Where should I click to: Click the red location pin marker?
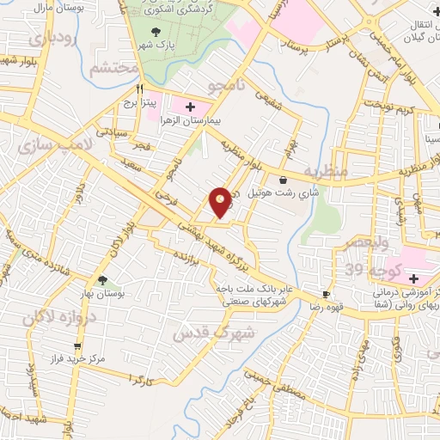pyautogui.click(x=221, y=202)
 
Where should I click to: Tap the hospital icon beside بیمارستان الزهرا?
pyautogui.click(x=189, y=107)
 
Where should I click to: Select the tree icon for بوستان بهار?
pyautogui.click(x=103, y=280)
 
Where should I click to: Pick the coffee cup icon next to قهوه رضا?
pyautogui.click(x=326, y=293)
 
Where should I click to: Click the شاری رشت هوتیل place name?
pyautogui.click(x=277, y=193)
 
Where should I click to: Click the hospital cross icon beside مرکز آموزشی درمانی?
pyautogui.click(x=413, y=278)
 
